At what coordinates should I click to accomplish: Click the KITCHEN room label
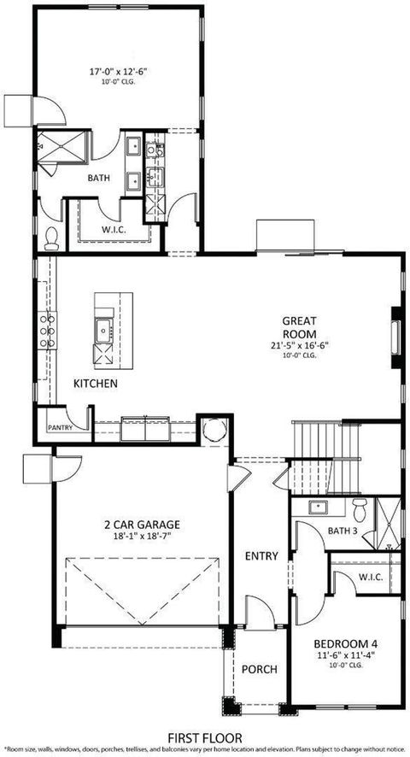pos(95,384)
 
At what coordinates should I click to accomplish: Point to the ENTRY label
pos(261,556)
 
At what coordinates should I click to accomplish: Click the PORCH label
pos(260,669)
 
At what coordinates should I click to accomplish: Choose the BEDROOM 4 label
pos(345,643)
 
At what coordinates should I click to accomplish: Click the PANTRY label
pos(60,426)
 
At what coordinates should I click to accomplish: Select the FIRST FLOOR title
pos(204,736)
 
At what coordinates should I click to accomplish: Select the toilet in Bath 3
pos(360,510)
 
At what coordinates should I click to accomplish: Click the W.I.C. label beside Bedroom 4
pos(370,577)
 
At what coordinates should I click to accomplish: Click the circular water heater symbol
pos(213,430)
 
